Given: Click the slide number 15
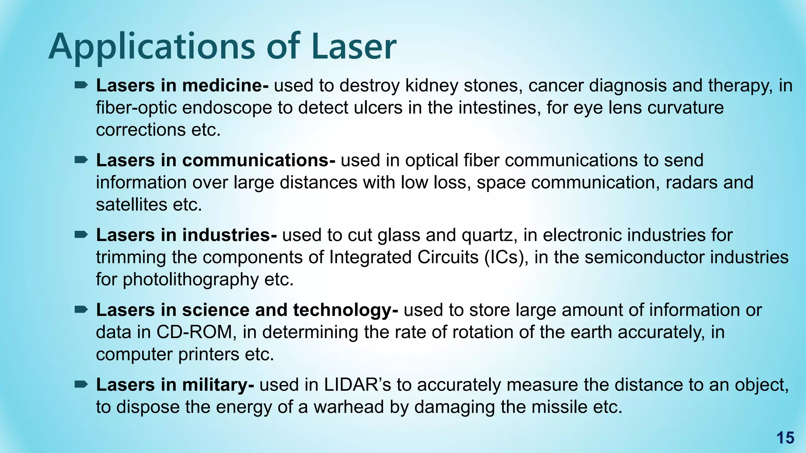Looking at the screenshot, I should coord(785,438).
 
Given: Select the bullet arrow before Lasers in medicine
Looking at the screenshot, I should coord(81,85).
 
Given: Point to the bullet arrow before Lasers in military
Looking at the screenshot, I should coord(81,384).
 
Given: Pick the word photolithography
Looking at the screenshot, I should coord(190,280).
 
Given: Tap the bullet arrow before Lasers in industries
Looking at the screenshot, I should coord(81,235).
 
